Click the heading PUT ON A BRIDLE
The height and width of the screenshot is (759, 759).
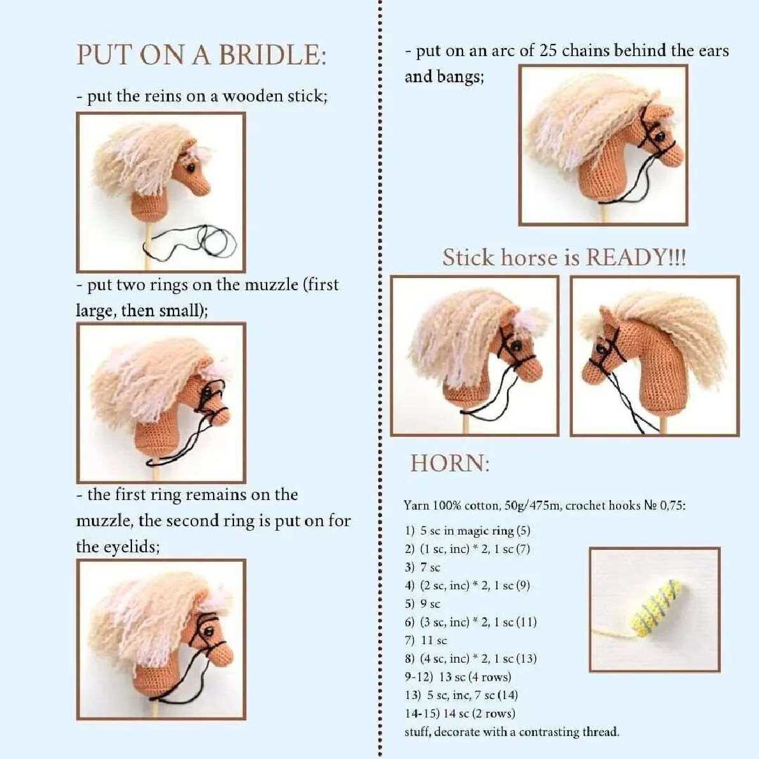tap(202, 55)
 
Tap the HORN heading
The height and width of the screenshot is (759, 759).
tap(450, 463)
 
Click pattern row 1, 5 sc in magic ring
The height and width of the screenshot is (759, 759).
tap(468, 531)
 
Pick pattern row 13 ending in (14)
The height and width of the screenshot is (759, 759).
tap(461, 695)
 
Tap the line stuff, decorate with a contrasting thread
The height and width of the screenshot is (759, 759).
tap(512, 732)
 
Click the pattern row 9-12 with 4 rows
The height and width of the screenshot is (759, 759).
tap(458, 677)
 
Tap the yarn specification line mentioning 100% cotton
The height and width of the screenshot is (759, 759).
tap(545, 505)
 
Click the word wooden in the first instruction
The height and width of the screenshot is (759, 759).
tap(252, 96)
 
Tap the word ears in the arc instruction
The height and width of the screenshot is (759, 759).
tap(714, 51)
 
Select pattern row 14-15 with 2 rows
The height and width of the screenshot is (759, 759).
tap(460, 714)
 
